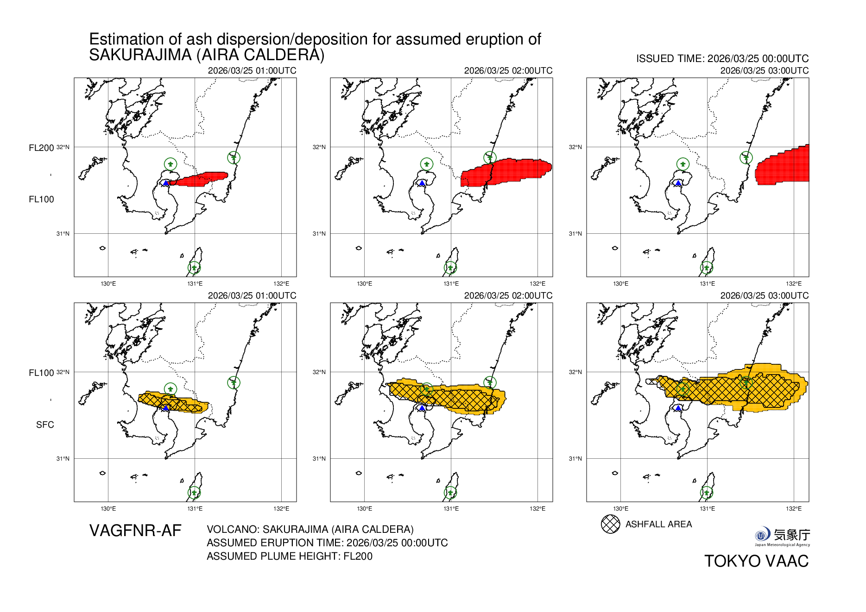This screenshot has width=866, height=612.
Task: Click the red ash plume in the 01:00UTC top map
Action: (199, 180)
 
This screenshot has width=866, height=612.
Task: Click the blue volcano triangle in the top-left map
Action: (165, 183)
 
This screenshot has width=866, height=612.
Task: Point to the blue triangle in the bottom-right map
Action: (678, 408)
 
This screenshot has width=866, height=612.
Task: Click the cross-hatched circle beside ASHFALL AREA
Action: (610, 524)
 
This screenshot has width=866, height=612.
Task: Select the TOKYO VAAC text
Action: (756, 561)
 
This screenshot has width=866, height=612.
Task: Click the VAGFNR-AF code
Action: (135, 531)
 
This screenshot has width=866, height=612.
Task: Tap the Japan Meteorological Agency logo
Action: (782, 536)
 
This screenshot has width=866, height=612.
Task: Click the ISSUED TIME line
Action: (722, 59)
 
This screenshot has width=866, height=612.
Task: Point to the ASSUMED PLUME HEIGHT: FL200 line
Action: (290, 556)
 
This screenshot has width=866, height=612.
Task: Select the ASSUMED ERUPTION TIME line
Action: (327, 543)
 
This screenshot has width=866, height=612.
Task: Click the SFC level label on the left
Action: (45, 425)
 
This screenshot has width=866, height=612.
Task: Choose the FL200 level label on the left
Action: (41, 148)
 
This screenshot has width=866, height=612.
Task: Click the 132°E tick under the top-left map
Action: (281, 284)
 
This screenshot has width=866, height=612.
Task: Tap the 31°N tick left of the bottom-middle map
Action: (319, 458)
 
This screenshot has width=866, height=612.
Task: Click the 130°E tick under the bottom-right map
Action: (620, 509)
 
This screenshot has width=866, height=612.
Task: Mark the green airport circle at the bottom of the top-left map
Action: (194, 268)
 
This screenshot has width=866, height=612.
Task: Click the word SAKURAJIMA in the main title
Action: (140, 55)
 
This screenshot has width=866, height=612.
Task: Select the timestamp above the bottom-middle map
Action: (508, 296)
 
